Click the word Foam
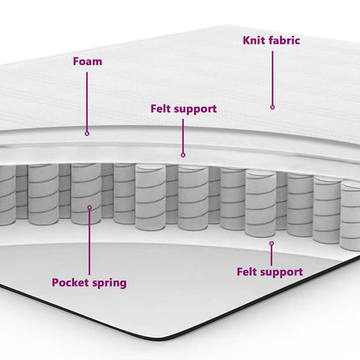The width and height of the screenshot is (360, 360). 87,61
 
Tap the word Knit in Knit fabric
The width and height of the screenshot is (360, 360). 252,40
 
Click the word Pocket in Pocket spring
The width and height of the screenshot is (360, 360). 69,282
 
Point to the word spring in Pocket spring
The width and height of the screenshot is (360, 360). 109,283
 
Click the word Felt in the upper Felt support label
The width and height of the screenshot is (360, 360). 160,109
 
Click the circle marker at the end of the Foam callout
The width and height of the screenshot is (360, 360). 87,134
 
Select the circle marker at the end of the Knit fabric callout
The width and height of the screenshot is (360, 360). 272,107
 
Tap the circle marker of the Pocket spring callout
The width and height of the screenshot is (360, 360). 90,208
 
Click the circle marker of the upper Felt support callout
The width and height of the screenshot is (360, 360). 183,155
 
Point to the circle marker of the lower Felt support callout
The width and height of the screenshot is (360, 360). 271,244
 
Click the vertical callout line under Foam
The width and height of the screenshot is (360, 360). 87,102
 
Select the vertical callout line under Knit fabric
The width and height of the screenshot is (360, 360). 272,78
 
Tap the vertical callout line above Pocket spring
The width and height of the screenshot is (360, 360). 90,242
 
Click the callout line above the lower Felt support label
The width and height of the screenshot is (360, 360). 271,256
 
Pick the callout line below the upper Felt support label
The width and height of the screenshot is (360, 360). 183,136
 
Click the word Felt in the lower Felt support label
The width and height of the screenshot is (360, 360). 246,271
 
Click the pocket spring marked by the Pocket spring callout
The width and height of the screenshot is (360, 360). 86,193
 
